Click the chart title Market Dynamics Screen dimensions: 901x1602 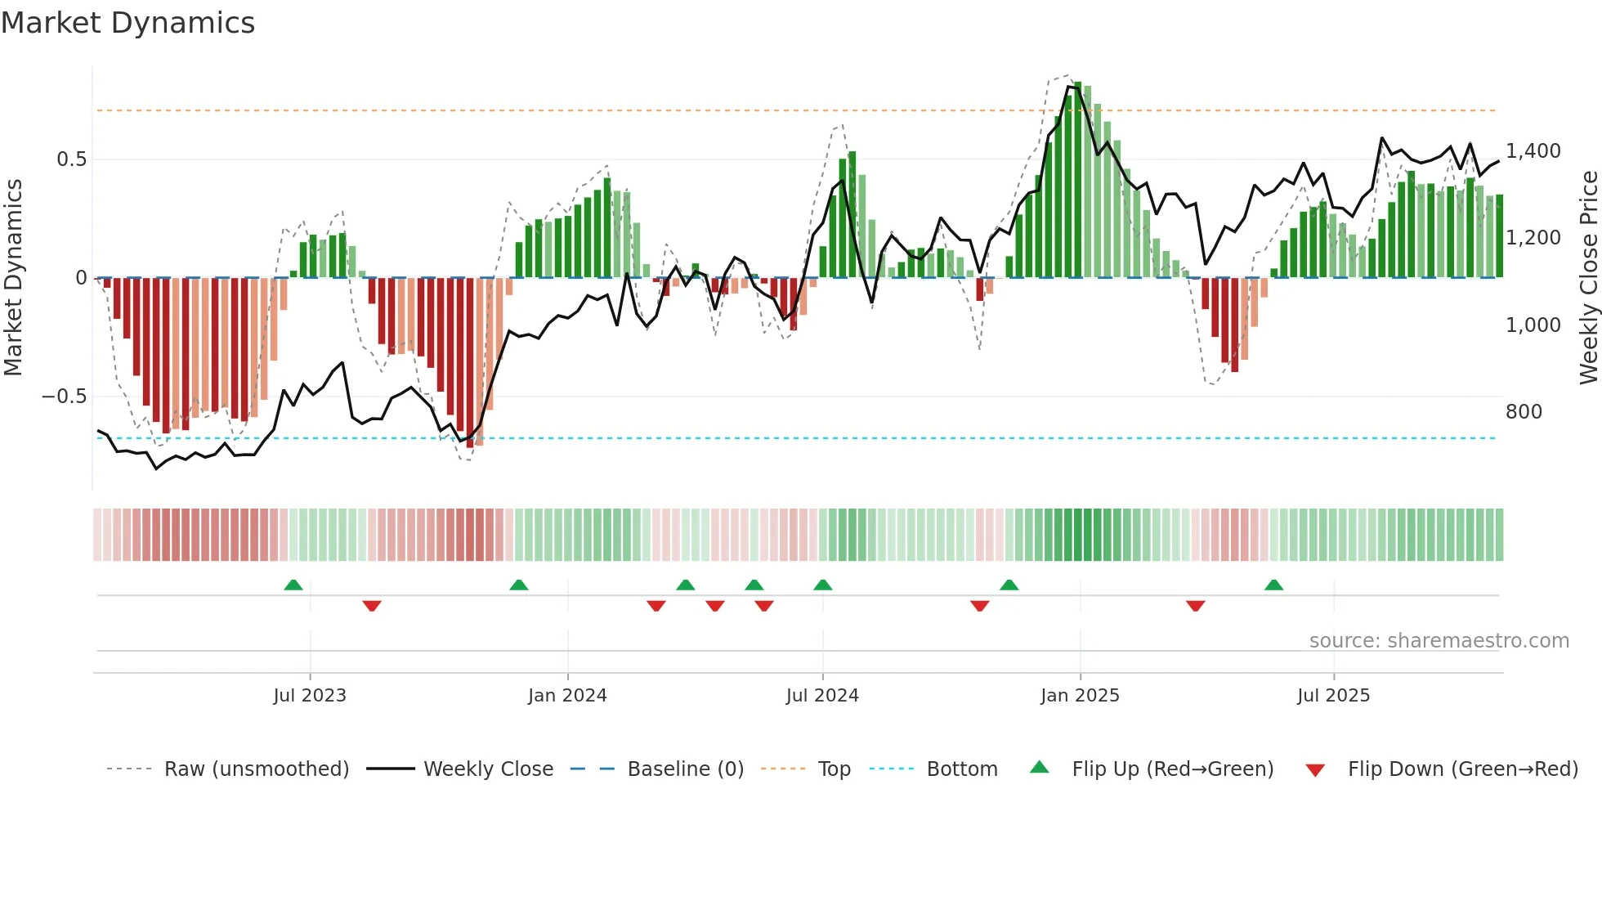point(128,23)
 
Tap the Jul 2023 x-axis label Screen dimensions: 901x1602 point(310,696)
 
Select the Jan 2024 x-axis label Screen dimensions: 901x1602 point(567,696)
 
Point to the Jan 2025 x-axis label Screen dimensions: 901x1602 point(1080,696)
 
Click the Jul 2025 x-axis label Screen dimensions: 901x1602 point(1333,696)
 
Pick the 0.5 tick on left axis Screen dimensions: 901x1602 point(71,159)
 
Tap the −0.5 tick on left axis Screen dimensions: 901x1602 point(65,397)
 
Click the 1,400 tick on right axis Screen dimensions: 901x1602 point(1533,151)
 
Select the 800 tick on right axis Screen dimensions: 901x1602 point(1524,412)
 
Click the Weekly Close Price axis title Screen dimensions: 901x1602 point(1588,278)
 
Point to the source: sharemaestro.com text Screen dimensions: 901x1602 point(1439,641)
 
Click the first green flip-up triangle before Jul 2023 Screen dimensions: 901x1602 point(293,585)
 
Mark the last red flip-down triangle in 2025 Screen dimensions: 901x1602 point(1195,606)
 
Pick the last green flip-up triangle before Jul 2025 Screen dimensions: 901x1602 point(1273,585)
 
